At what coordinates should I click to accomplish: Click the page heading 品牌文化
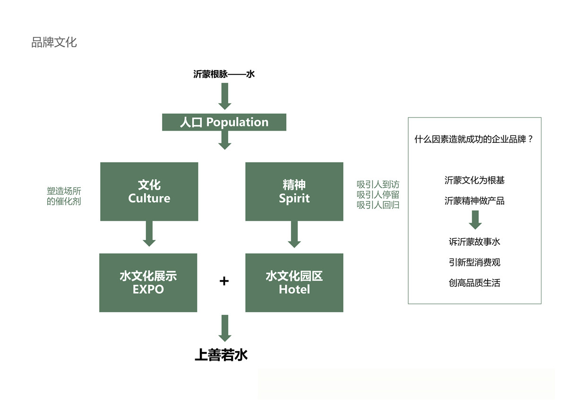54,42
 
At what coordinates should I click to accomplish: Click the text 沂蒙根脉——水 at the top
224,74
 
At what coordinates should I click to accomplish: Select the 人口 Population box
224,122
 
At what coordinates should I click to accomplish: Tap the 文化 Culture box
149,192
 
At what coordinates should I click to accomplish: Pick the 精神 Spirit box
294,192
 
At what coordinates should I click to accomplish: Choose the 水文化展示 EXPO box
148,283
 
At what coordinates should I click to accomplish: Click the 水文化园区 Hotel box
294,283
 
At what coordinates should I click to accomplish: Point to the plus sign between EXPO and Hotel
224,281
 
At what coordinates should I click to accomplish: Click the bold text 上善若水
221,355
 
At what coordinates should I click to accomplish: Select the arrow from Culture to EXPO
149,233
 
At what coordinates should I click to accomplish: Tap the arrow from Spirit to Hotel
294,234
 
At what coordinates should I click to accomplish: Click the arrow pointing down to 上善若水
225,328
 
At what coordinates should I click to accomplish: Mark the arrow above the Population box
224,96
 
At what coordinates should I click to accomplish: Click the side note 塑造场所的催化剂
64,197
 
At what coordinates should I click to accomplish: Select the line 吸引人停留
378,195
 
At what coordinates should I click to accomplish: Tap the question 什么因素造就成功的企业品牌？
474,140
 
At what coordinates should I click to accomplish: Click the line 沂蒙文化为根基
474,180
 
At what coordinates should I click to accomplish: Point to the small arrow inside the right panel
475,219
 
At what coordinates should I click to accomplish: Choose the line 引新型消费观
474,262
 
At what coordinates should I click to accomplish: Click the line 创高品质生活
474,283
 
